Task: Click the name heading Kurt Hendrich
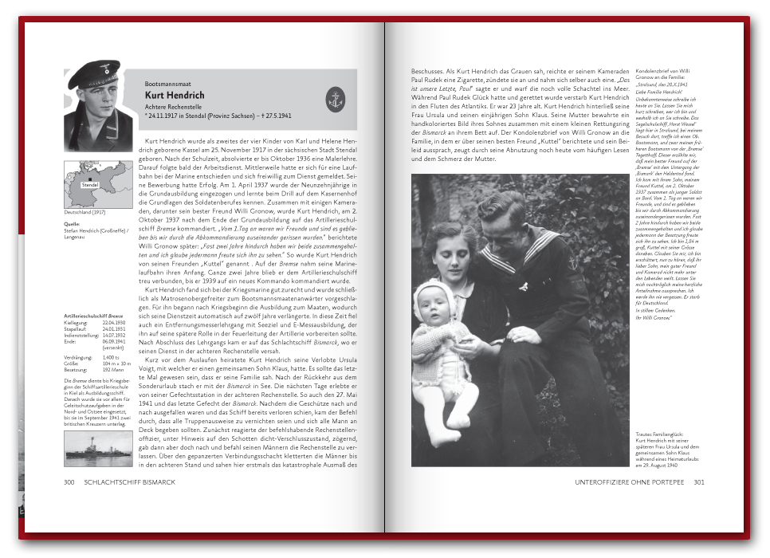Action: [x=175, y=95]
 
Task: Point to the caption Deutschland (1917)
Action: [x=84, y=213]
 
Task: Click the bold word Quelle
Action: [x=71, y=224]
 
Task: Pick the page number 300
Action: [x=69, y=481]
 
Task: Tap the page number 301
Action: [x=698, y=481]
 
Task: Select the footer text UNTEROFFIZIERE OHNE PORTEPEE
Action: [x=629, y=481]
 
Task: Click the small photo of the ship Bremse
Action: [x=99, y=449]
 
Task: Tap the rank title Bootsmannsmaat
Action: [x=167, y=84]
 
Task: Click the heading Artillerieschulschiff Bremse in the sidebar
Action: [x=94, y=316]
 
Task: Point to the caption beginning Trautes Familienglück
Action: [x=656, y=435]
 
